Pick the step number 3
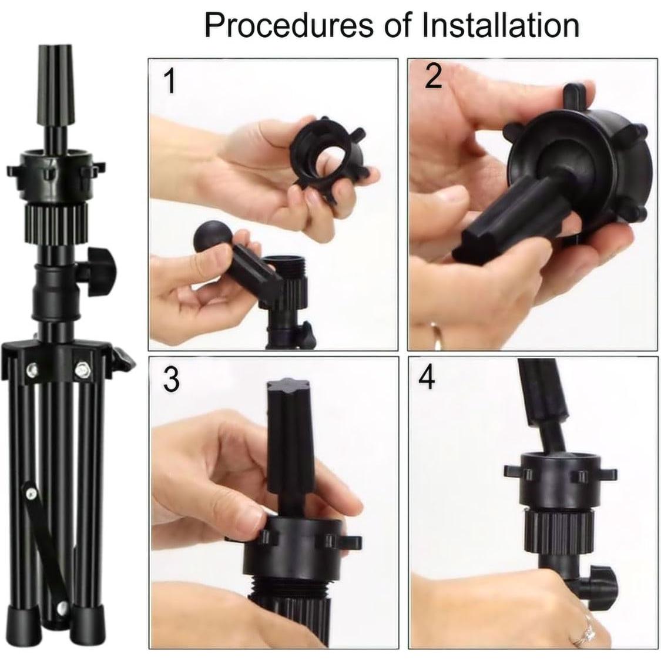(170, 380)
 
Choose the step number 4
(427, 378)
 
